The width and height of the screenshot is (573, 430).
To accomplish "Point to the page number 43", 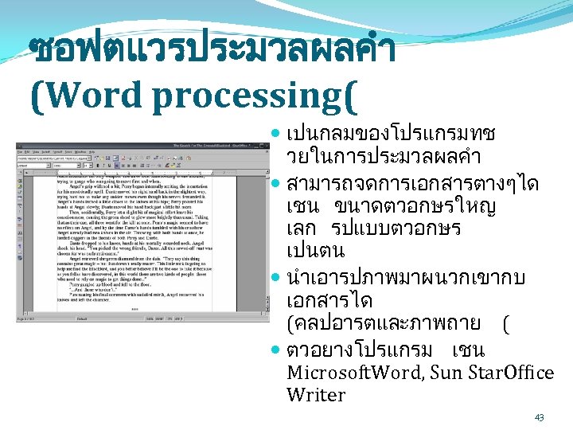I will click(x=539, y=417).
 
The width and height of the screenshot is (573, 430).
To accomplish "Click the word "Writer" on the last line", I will click(x=316, y=395).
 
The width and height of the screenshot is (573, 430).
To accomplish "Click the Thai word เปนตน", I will click(x=315, y=252).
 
